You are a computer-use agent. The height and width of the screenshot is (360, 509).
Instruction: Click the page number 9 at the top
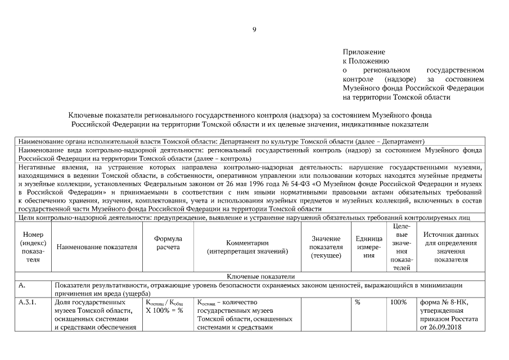click(254, 29)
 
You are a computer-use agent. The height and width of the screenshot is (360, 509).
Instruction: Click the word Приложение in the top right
click(364, 52)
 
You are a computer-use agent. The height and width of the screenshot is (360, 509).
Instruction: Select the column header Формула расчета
click(168, 243)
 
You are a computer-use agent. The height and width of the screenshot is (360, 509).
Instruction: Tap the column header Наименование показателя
click(97, 247)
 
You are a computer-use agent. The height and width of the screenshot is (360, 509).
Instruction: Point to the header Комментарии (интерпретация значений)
click(247, 247)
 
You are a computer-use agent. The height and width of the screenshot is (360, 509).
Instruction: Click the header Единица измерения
click(368, 247)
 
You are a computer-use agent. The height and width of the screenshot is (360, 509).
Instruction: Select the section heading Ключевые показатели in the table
click(254, 276)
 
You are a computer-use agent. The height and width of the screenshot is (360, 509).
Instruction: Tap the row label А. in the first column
click(22, 285)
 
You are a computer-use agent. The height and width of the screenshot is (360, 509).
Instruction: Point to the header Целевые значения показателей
click(401, 247)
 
